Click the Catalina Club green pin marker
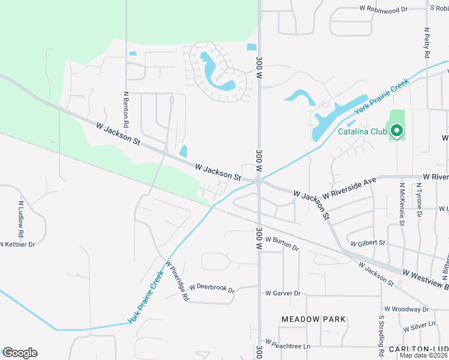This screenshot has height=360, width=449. (x=396, y=130)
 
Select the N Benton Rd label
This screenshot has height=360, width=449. (x=126, y=109)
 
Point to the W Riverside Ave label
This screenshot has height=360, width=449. (x=349, y=188)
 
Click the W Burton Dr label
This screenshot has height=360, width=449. (x=282, y=243)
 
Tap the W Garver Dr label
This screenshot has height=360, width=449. (x=282, y=293)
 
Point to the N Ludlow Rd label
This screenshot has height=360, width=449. (x=20, y=218)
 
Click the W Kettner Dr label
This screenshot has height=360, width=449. (x=19, y=244)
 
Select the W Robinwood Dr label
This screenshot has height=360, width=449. (x=384, y=10)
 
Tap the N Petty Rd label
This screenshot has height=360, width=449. (x=426, y=42)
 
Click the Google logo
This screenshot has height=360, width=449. (x=20, y=353)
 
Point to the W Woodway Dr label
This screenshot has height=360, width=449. (x=406, y=309)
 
